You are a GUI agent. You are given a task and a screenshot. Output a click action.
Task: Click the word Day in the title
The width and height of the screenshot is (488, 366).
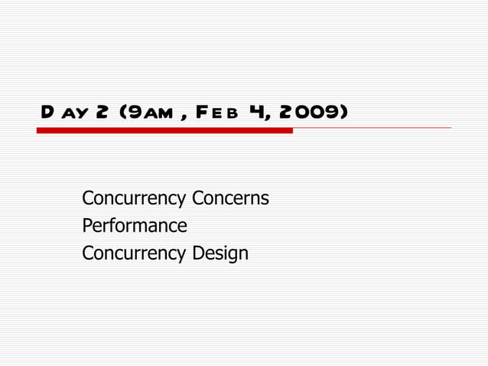[x=65, y=113]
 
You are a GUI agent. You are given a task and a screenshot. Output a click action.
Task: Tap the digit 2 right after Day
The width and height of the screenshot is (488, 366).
[x=101, y=113]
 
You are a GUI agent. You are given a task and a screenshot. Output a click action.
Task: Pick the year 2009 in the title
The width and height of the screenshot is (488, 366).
[x=311, y=113]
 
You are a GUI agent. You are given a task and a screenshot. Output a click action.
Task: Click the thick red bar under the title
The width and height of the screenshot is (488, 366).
[x=164, y=130]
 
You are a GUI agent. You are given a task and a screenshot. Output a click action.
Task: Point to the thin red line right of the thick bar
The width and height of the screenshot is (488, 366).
[x=372, y=128]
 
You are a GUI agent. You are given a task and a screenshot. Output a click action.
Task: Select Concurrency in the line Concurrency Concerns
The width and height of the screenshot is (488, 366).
[x=134, y=199]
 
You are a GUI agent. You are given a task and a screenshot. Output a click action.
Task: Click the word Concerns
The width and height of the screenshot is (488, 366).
[x=230, y=199]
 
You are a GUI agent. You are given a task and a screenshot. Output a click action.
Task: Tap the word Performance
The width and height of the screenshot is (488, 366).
[x=135, y=226]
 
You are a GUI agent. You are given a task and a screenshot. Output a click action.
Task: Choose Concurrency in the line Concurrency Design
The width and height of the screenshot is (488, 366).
[x=134, y=253]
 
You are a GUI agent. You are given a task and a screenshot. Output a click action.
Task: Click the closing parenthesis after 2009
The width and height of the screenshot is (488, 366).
[x=345, y=113]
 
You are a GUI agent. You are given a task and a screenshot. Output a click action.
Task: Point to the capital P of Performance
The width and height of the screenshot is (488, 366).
[x=87, y=226]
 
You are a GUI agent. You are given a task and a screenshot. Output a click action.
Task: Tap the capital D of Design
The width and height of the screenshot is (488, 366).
[x=198, y=253]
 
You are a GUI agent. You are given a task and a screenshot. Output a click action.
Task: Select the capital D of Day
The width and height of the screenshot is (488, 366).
[x=47, y=113]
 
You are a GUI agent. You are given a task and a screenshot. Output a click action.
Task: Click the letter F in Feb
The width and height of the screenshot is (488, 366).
[x=200, y=113]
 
